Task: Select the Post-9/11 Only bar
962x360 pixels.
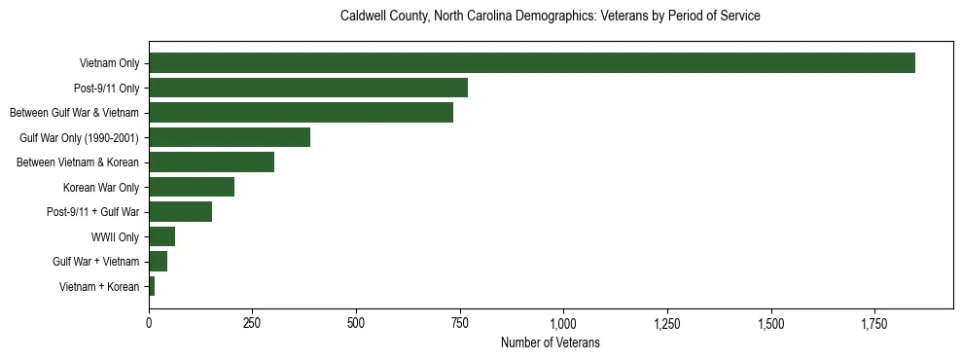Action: tap(308, 88)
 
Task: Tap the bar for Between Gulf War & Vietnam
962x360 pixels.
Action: tap(301, 113)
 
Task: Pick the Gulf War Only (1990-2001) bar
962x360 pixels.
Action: tap(230, 137)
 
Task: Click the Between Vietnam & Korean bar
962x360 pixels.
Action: tap(211, 162)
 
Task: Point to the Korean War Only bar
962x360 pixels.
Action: tap(192, 187)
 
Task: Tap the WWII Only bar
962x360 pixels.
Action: tap(161, 236)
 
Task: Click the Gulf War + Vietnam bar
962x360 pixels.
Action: tap(158, 262)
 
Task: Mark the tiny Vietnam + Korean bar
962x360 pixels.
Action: tap(152, 286)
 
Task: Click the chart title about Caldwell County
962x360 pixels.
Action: tap(550, 17)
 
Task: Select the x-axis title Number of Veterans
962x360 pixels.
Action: tap(550, 343)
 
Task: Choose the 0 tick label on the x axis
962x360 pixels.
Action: tap(149, 322)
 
